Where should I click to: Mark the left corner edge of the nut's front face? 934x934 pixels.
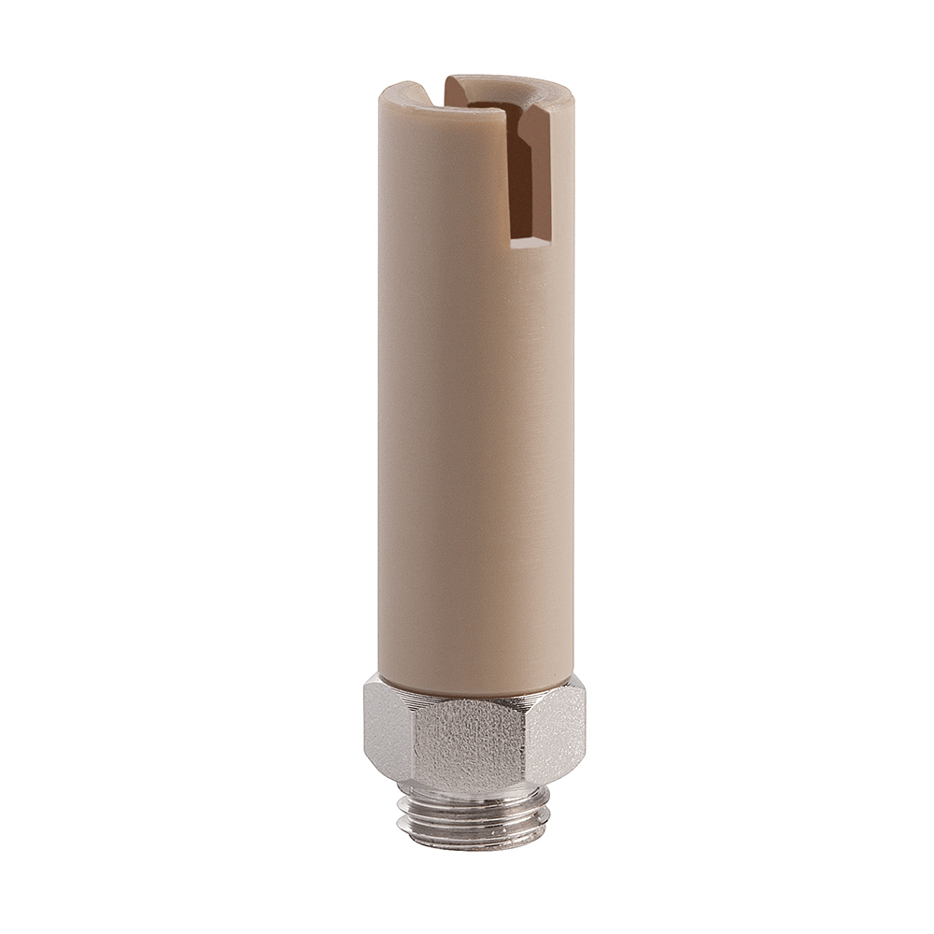(x=411, y=738)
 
